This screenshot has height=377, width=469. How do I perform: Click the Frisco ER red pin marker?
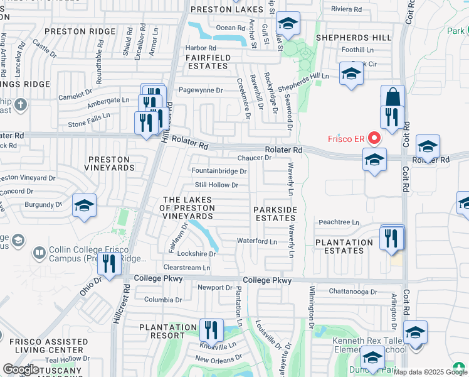pos(375,137)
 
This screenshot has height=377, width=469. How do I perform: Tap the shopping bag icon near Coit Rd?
pos(393,98)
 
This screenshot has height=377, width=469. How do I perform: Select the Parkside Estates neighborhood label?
pos(275,214)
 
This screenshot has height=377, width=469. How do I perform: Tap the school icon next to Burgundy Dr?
pos(84,206)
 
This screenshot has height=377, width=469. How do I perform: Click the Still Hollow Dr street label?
pos(216,185)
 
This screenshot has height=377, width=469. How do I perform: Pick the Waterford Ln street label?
pos(257,241)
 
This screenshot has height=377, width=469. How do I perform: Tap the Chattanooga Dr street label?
pos(354,292)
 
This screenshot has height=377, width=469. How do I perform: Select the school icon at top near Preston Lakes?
pos(288,25)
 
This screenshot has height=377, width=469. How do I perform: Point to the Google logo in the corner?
pos(20,369)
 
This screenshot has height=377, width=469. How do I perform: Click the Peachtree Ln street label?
pos(339,222)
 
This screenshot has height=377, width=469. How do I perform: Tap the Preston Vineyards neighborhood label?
pos(111,164)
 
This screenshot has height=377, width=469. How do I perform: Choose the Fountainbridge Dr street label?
pos(219,171)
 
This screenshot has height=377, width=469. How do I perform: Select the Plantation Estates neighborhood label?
pos(344,246)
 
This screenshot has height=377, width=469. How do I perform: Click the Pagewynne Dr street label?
pos(201,90)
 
